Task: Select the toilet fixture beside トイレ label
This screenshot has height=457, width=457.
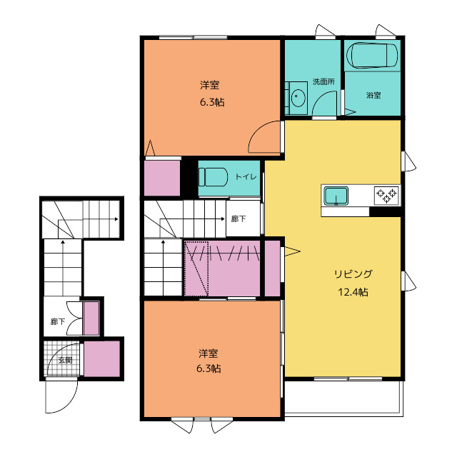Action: point(213,176)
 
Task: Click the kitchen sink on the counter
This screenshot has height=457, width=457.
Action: point(336,196)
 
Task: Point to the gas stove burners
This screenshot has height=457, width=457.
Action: point(386,195)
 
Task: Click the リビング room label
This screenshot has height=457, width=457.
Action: point(353,274)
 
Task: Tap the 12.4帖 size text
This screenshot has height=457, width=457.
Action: point(353,292)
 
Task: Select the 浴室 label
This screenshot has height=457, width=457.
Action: point(373,95)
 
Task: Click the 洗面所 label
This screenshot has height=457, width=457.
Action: point(323,81)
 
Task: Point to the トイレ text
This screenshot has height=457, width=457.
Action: point(246,176)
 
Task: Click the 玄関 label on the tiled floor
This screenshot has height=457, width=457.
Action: point(65,360)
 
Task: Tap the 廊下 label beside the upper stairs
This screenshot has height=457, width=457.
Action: point(238,219)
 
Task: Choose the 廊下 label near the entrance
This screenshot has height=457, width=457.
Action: point(58,321)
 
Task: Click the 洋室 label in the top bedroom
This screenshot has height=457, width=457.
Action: point(209,85)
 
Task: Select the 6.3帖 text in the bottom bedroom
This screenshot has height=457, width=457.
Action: point(209,368)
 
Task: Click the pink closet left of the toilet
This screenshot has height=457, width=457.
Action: point(162,178)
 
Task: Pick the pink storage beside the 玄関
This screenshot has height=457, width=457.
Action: point(102,358)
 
